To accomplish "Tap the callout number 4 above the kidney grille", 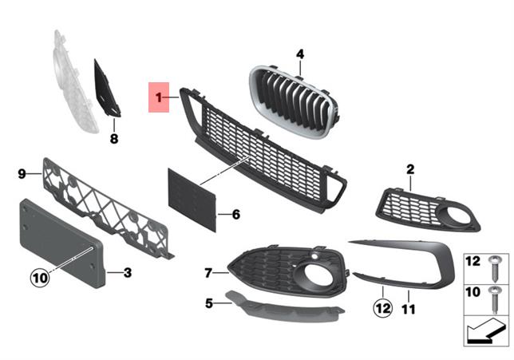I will [x=300, y=54].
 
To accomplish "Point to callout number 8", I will [x=113, y=139].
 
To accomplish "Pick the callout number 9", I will [x=22, y=172].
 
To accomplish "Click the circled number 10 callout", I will [x=40, y=278].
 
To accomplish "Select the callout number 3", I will [x=127, y=273].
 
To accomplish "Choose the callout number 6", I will [x=235, y=215].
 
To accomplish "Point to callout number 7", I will [x=208, y=273].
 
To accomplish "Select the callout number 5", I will [x=209, y=303].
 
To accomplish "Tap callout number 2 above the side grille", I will [x=410, y=169].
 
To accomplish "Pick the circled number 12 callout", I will [x=382, y=307].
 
